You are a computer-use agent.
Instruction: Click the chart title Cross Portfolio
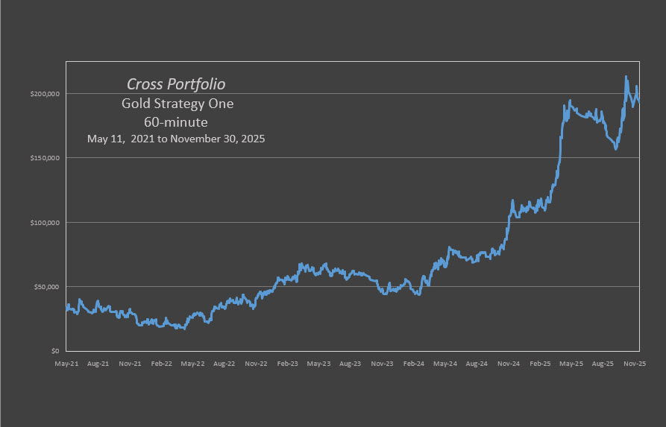point(176,84)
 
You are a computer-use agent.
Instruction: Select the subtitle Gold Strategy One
point(178,104)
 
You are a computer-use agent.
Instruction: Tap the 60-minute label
point(176,121)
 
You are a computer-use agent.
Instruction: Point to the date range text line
point(176,139)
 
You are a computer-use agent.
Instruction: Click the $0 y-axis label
point(55,351)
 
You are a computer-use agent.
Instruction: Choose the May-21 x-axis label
point(66,364)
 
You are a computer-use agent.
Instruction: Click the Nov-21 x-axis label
point(130,364)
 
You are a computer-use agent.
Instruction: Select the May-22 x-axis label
point(192,364)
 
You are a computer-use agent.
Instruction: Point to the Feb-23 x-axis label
point(287,364)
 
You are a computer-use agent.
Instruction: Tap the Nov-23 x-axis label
point(382,364)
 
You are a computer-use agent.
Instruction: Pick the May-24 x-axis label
point(445,364)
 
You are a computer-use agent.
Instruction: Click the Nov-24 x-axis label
point(509,364)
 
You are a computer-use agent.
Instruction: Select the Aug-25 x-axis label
point(603,364)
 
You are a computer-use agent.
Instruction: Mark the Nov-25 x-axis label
point(635,364)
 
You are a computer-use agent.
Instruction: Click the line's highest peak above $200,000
point(626,77)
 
